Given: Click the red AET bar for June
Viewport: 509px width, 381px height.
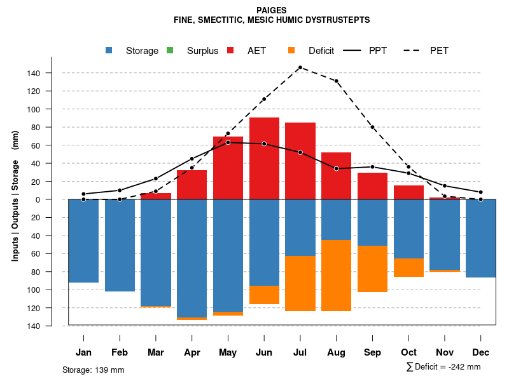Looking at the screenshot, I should click(264, 159).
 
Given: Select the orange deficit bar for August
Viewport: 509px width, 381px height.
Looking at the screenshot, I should click(336, 275).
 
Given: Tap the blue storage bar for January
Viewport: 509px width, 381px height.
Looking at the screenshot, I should click(83, 241).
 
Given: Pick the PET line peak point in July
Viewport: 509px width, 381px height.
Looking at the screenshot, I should click(300, 67).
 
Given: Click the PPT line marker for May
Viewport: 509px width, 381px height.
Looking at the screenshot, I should click(228, 142).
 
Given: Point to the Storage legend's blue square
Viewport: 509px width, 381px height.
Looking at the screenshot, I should click(110, 50).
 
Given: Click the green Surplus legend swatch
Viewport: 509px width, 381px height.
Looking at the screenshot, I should click(170, 50).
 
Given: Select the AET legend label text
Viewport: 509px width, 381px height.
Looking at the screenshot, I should click(256, 51).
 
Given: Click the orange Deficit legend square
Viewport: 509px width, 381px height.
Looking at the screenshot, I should click(291, 50).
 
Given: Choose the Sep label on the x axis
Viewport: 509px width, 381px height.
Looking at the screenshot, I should click(372, 352).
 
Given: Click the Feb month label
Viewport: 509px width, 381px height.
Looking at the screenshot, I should click(120, 352).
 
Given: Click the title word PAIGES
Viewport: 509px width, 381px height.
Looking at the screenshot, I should click(272, 10).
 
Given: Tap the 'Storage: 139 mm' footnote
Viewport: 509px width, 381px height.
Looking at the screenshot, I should click(93, 370).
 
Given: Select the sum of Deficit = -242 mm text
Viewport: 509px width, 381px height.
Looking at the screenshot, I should click(443, 367).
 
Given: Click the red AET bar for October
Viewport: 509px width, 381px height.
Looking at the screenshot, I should click(408, 192).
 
